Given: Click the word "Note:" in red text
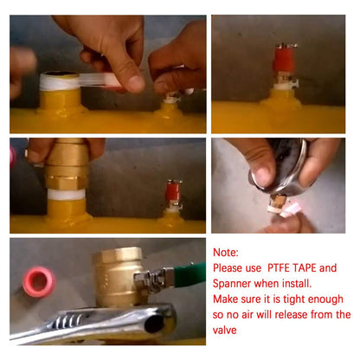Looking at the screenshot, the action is point(226,253).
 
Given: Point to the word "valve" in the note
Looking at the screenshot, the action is point(224,330).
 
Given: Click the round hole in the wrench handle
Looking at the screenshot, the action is point(154,324).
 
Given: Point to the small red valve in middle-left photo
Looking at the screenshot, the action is point(174,191).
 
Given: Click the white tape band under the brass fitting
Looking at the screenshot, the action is point(67,194).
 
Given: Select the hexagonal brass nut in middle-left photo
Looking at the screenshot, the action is point(66,181).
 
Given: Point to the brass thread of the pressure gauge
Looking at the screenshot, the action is point(279,202).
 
